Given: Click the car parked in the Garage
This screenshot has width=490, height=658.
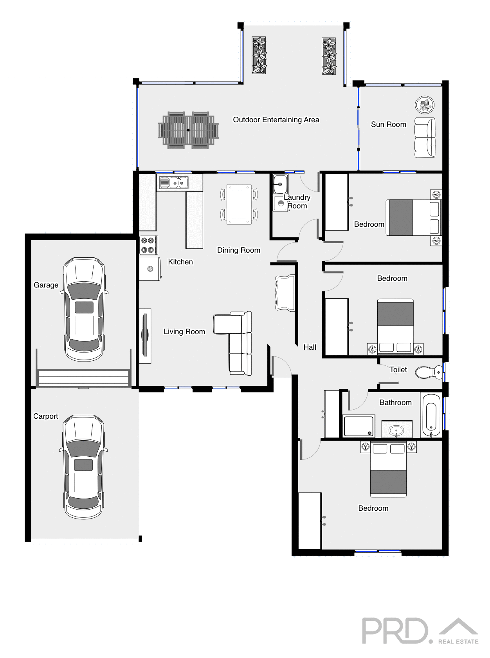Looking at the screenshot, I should (84, 309).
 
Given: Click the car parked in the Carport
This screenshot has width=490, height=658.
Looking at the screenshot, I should (83, 467).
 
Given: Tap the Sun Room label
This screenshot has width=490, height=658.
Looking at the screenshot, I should (388, 125).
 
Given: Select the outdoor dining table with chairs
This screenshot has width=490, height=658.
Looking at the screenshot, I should (188, 130).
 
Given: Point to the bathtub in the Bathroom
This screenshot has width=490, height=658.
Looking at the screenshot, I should (431, 415).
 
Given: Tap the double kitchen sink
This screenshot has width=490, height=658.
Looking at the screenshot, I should (174, 183).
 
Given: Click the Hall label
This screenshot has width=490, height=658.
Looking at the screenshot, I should (310, 347).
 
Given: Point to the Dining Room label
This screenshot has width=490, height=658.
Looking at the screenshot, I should (238, 250).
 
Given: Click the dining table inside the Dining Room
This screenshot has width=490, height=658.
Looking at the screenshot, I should (239, 204).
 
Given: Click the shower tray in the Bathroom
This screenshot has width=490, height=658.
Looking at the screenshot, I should (358, 426).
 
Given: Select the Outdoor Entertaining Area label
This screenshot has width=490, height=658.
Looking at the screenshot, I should (276, 120).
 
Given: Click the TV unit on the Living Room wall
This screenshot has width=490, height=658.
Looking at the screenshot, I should (145, 336).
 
